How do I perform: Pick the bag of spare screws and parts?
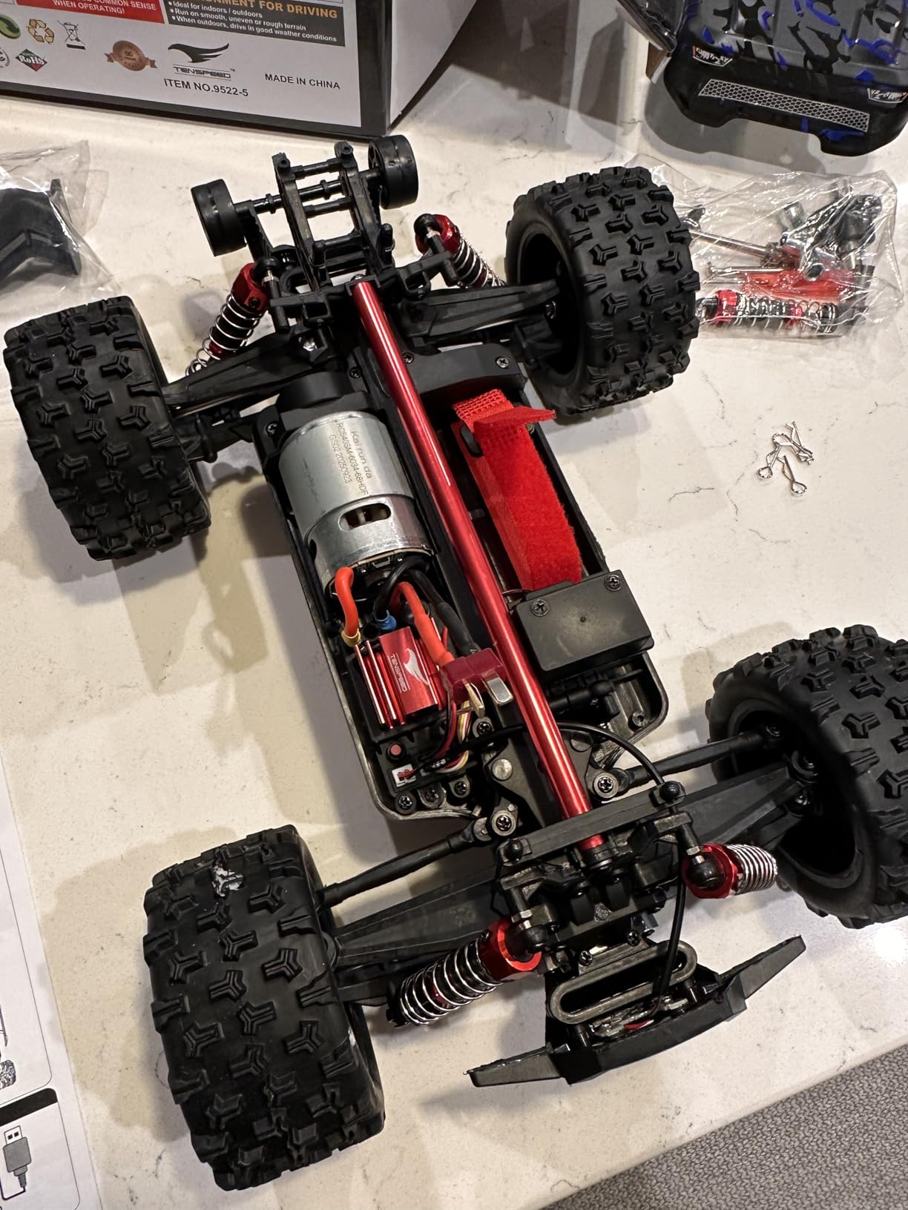[x=786, y=252]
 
